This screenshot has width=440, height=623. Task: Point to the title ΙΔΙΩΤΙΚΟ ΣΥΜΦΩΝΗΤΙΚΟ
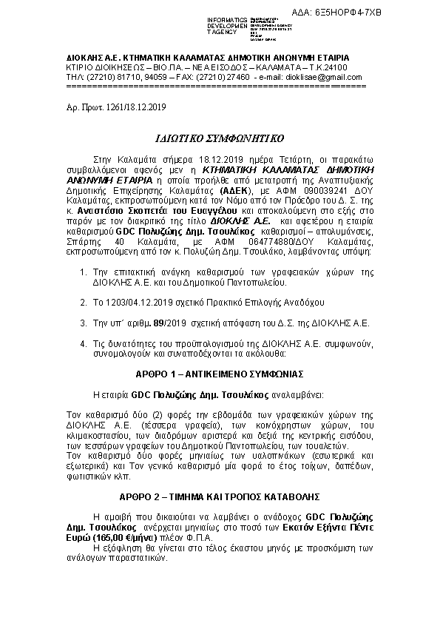pos(220,138)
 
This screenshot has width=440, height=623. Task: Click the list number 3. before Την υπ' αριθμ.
pos(83,323)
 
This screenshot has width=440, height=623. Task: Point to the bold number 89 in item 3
pos(158,323)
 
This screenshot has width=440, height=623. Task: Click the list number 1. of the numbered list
pos(83,274)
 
